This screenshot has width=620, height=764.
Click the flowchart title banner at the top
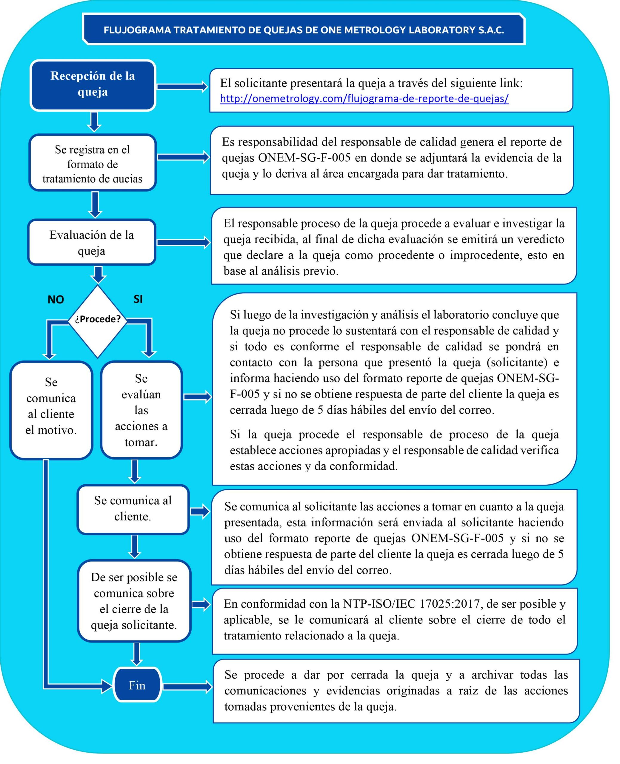(x=304, y=30)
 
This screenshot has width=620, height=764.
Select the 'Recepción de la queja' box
(x=93, y=85)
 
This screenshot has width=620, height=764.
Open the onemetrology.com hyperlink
(x=364, y=98)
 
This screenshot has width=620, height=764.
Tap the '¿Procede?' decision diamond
(x=98, y=320)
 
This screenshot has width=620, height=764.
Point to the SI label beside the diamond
(x=138, y=299)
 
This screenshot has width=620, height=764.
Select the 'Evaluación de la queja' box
(x=92, y=243)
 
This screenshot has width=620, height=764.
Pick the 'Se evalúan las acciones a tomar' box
(x=141, y=410)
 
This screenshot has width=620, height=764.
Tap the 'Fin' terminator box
(x=137, y=686)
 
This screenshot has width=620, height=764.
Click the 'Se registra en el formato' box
(x=93, y=164)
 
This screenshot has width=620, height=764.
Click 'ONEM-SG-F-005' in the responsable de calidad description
(x=304, y=158)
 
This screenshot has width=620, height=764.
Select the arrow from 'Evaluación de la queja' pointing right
(x=184, y=243)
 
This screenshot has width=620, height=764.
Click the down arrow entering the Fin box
(x=136, y=654)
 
